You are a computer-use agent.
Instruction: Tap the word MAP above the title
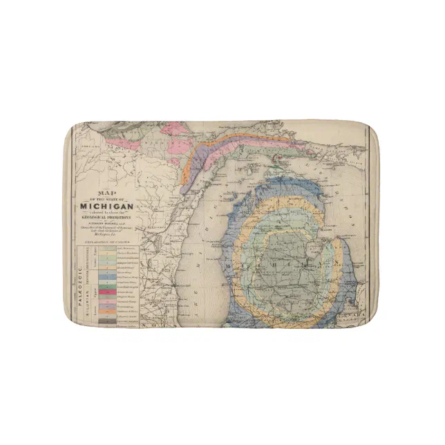tap(105, 193)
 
